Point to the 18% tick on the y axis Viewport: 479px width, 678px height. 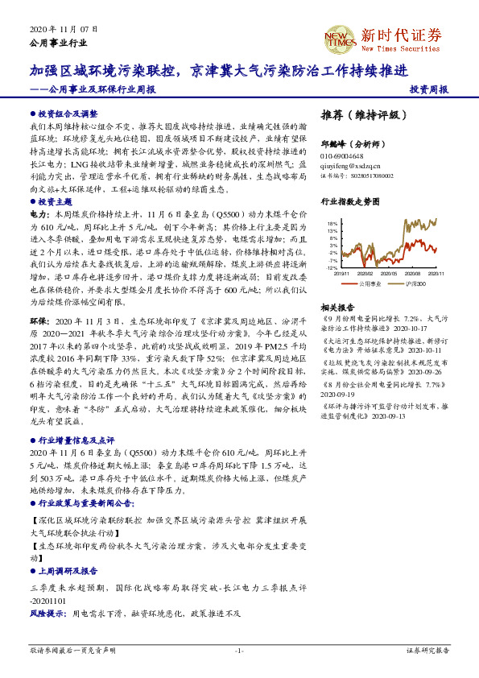tap(332, 223)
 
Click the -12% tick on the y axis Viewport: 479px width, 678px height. tap(331, 268)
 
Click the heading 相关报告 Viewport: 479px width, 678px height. tap(337, 308)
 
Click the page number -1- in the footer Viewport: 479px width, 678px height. tap(239, 650)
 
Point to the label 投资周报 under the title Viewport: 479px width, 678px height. tap(429, 90)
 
